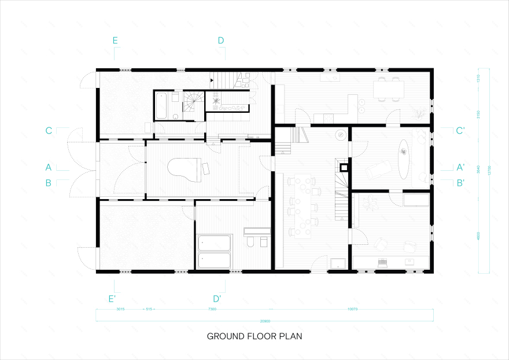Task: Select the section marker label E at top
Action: coord(116,41)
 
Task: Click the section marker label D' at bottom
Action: coord(217,299)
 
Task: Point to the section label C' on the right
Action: coord(460,131)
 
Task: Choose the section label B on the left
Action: coord(49,182)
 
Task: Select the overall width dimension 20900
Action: coord(265,321)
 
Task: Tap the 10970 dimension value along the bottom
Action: coord(353,310)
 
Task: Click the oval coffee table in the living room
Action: coord(403,153)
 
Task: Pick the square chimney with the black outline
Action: coord(344,168)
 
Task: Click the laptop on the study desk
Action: coord(381,262)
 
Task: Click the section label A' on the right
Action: coord(460,167)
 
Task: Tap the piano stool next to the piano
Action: coord(205,168)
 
